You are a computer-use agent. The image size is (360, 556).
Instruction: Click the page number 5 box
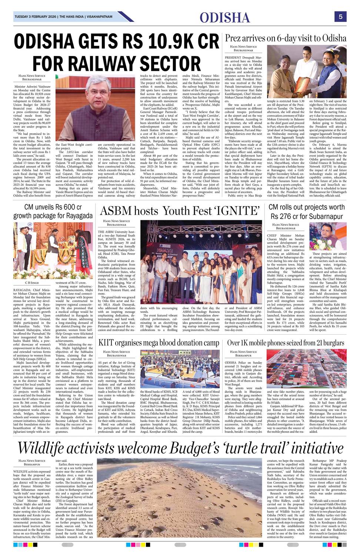[340, 17]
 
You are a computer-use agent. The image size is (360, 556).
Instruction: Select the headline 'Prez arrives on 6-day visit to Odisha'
[286, 38]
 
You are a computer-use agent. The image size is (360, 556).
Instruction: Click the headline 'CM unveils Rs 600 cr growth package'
[53, 211]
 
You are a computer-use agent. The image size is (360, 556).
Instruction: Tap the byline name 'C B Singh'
[32, 282]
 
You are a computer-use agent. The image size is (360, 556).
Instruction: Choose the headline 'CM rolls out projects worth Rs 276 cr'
[306, 211]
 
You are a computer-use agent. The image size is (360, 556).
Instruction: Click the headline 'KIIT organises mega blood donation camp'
[159, 342]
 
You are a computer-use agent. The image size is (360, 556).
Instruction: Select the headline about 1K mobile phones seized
[286, 342]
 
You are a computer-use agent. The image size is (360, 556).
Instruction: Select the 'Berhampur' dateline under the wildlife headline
[32, 464]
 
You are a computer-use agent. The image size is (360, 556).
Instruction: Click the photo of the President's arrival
[307, 72]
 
